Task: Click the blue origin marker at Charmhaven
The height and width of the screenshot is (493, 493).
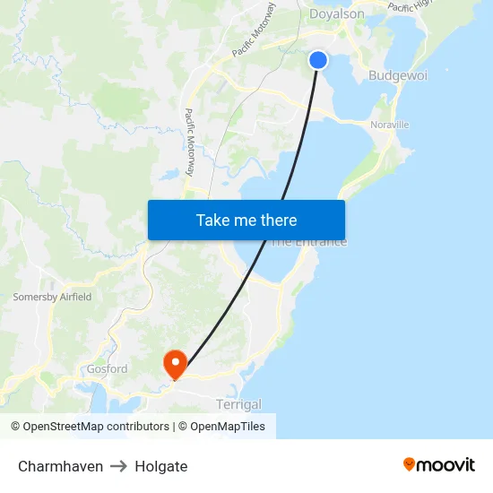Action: click(x=318, y=60)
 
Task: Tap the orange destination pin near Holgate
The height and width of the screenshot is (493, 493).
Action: click(x=174, y=363)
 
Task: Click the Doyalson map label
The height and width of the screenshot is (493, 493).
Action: click(x=336, y=13)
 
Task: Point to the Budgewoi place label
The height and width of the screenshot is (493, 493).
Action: click(x=398, y=76)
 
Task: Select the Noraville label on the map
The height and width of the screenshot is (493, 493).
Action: click(x=390, y=125)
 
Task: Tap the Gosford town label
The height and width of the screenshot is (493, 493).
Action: click(x=107, y=369)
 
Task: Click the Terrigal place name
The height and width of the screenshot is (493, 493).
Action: click(x=238, y=405)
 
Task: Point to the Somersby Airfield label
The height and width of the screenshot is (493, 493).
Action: click(x=52, y=297)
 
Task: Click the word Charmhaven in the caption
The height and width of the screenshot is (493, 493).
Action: click(x=60, y=466)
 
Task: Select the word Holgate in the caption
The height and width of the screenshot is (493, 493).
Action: click(x=161, y=466)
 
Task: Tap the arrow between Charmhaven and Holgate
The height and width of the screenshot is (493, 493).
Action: click(x=119, y=466)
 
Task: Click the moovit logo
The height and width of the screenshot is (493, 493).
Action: click(x=438, y=464)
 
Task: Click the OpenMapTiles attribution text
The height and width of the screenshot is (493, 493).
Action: click(x=228, y=427)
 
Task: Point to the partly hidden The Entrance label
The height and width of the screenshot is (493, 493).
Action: click(x=309, y=242)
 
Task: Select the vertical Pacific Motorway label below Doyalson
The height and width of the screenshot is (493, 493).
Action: click(x=190, y=142)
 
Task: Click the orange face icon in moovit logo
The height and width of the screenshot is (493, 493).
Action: click(x=410, y=464)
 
